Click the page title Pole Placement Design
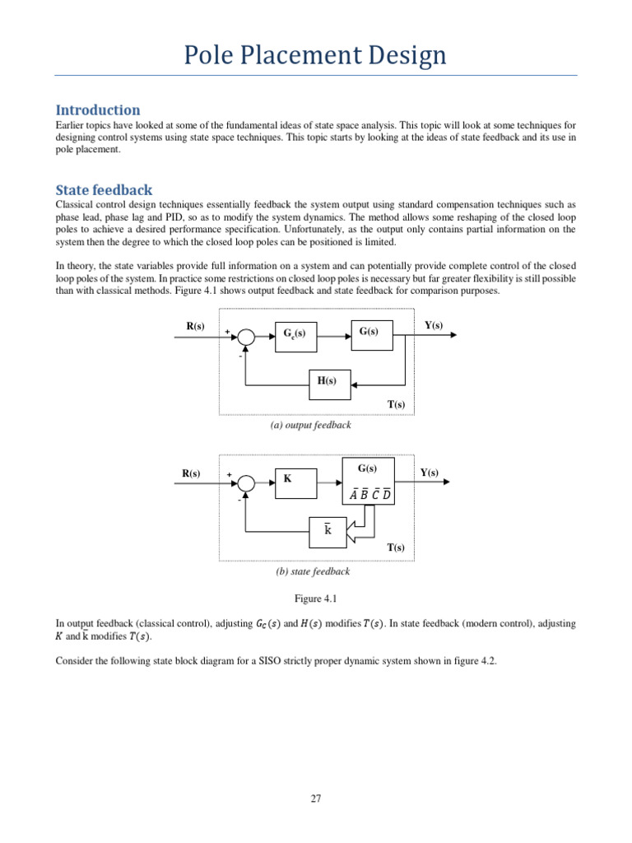pyautogui.click(x=316, y=55)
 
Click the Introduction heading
pyautogui.click(x=97, y=109)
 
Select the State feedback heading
pyautogui.click(x=104, y=189)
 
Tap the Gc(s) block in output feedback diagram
pyautogui.click(x=294, y=336)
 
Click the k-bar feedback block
pyautogui.click(x=328, y=532)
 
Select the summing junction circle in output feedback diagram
pyautogui.click(x=245, y=336)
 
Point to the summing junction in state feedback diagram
pyautogui.click(x=245, y=482)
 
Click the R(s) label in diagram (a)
pyautogui.click(x=195, y=326)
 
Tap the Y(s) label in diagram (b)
pyautogui.click(x=429, y=473)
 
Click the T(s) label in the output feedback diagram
pyautogui.click(x=396, y=404)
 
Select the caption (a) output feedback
pyautogui.click(x=310, y=425)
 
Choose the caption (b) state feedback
pyautogui.click(x=312, y=571)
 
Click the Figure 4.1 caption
pyautogui.click(x=315, y=598)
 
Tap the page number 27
pyautogui.click(x=316, y=798)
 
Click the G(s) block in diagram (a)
pyautogui.click(x=368, y=332)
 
